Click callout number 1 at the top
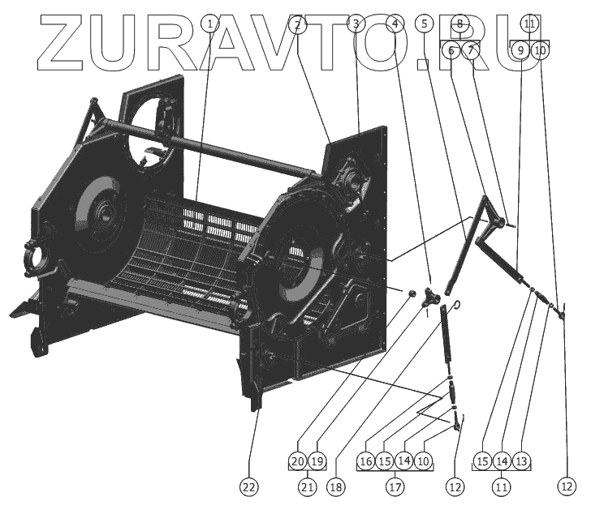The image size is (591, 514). click(210, 24)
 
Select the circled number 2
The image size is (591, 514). click(298, 24)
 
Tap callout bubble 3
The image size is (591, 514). click(356, 24)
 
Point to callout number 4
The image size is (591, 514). click(395, 24)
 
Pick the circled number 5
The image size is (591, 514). click(425, 24)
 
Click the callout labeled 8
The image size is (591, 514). click(459, 24)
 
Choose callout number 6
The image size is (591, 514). click(451, 50)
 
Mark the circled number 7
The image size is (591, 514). click(471, 50)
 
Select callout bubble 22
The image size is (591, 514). click(248, 487)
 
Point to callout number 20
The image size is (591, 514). click(298, 461)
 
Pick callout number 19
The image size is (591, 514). click(317, 461)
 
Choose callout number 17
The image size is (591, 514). click(395, 487)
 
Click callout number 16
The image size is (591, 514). click(365, 461)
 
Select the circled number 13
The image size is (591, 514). click(522, 461)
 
